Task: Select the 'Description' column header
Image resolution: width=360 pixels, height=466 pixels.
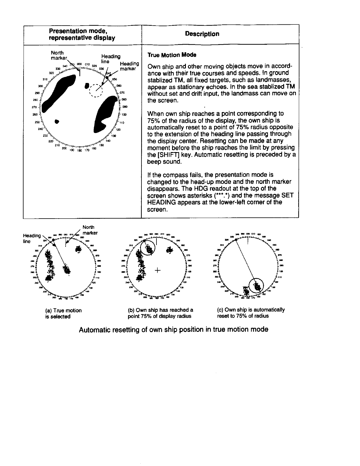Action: pyautogui.click(x=202, y=34)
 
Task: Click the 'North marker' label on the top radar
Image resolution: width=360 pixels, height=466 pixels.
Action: pyautogui.click(x=59, y=55)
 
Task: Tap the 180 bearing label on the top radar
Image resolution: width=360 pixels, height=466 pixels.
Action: pyautogui.click(x=79, y=152)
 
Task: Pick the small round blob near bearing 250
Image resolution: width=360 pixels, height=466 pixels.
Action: pyautogui.click(x=57, y=121)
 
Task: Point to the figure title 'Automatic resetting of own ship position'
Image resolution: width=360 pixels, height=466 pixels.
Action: pyautogui.click(x=174, y=329)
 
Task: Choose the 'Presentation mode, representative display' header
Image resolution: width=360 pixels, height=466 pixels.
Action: pyautogui.click(x=82, y=34)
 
